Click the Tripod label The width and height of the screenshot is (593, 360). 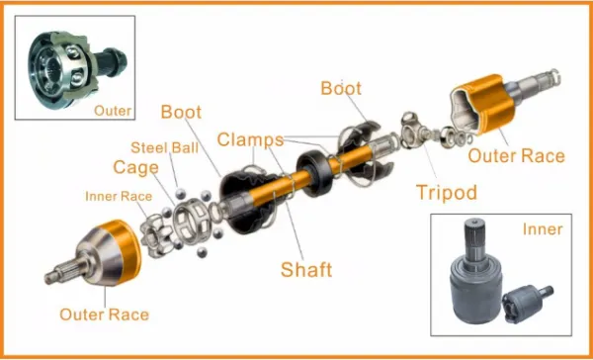click(x=447, y=192)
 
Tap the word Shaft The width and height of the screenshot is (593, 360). click(x=306, y=270)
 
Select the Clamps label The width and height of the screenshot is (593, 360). click(x=250, y=139)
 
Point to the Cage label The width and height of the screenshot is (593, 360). click(x=135, y=168)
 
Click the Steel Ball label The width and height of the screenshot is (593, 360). click(x=164, y=147)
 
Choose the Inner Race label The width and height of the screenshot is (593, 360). click(x=119, y=196)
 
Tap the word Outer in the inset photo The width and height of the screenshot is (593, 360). click(x=113, y=111)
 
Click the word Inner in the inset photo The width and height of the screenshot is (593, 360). click(x=543, y=229)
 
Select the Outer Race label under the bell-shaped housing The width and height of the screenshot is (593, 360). click(x=104, y=315)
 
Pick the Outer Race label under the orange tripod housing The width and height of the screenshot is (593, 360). click(x=516, y=155)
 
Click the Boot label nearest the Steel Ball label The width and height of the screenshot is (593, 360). click(x=181, y=112)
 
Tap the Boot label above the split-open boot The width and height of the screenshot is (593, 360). click(x=341, y=88)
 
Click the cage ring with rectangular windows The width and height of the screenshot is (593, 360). click(x=192, y=221)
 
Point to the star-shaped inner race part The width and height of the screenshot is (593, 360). click(x=156, y=235)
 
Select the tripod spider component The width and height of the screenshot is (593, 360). click(x=413, y=131)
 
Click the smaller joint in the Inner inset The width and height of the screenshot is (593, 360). click(x=527, y=304)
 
